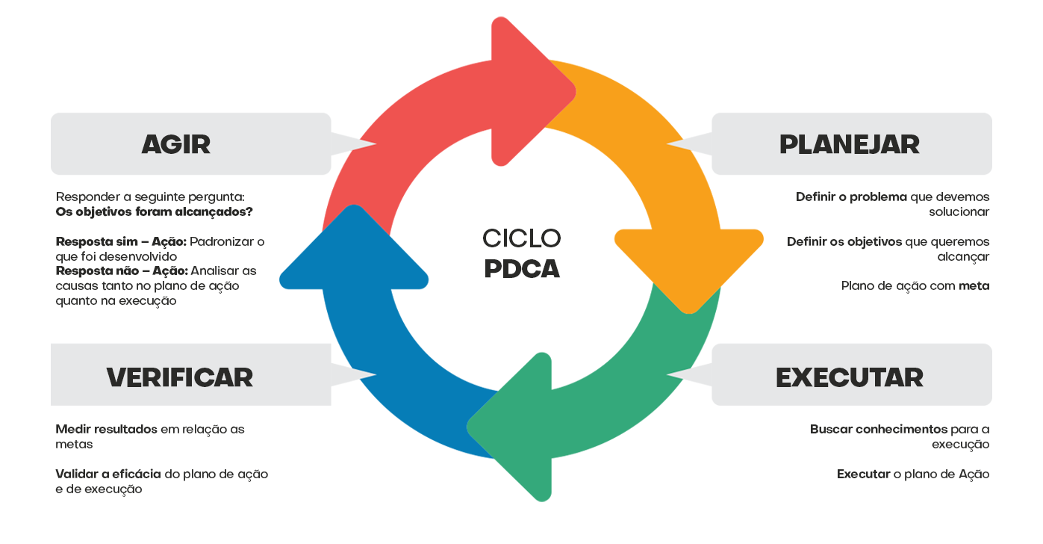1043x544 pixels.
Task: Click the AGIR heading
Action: coord(176,144)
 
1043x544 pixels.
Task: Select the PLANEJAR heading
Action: coord(849,144)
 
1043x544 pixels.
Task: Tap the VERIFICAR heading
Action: coord(179,377)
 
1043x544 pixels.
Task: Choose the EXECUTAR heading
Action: coord(850,377)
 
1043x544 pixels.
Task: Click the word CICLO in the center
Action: coord(521,238)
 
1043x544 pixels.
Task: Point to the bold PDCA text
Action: coord(521,269)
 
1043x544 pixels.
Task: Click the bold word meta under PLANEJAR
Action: coord(974,285)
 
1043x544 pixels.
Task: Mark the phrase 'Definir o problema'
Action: coord(851,197)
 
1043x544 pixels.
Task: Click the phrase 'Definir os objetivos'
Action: coord(844,241)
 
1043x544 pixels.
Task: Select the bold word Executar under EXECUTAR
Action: coord(863,474)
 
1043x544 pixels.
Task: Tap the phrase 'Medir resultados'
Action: coord(106,429)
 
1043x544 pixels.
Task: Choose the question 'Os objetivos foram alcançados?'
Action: coord(155,211)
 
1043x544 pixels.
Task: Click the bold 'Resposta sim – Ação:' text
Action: coord(121,241)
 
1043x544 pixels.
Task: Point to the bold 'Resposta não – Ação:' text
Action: coord(122,271)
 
